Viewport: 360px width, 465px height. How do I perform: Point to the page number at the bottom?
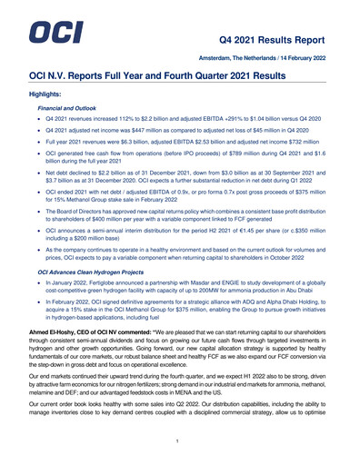(x=179, y=440)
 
